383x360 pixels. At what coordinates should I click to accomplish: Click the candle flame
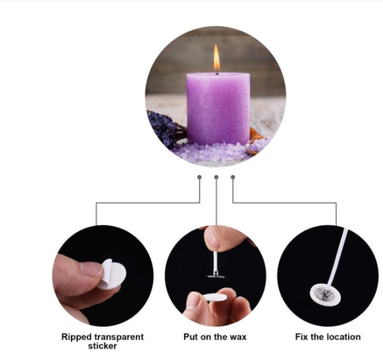pyautogui.click(x=216, y=58)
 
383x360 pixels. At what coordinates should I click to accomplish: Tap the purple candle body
pyautogui.click(x=218, y=109)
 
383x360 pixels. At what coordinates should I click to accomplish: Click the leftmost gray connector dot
pyautogui.click(x=200, y=177)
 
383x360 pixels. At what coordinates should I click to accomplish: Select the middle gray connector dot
pyautogui.click(x=216, y=177)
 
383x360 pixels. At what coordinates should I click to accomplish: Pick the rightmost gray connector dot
pyautogui.click(x=233, y=177)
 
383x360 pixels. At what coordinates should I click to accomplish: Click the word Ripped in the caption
pyautogui.click(x=77, y=337)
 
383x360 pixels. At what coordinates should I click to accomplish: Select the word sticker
pyautogui.click(x=102, y=346)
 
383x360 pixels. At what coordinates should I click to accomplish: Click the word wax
pyautogui.click(x=238, y=337)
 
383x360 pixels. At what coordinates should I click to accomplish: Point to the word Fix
pyautogui.click(x=302, y=337)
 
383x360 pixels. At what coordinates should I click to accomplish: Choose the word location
pyautogui.click(x=344, y=337)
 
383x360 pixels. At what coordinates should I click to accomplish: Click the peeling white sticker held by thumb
pyautogui.click(x=112, y=274)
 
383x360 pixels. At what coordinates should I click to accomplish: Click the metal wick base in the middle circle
pyautogui.click(x=216, y=275)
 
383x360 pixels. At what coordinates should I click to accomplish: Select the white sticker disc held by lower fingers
pyautogui.click(x=214, y=297)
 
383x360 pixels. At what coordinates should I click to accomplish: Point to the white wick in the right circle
pyautogui.click(x=338, y=257)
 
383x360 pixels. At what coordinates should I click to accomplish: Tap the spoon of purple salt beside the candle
pyautogui.click(x=257, y=146)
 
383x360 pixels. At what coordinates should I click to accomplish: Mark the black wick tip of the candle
pyautogui.click(x=216, y=73)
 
